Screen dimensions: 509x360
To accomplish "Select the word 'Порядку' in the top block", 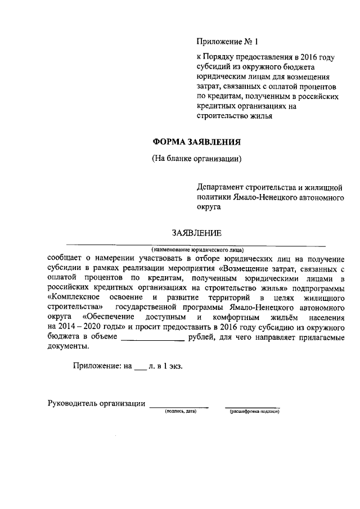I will tap(220, 57).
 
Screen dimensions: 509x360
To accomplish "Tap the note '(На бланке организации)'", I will tap(197, 158).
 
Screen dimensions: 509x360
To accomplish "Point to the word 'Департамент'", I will tap(220, 186).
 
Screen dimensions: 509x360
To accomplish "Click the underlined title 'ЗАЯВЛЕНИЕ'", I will tap(196, 233).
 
